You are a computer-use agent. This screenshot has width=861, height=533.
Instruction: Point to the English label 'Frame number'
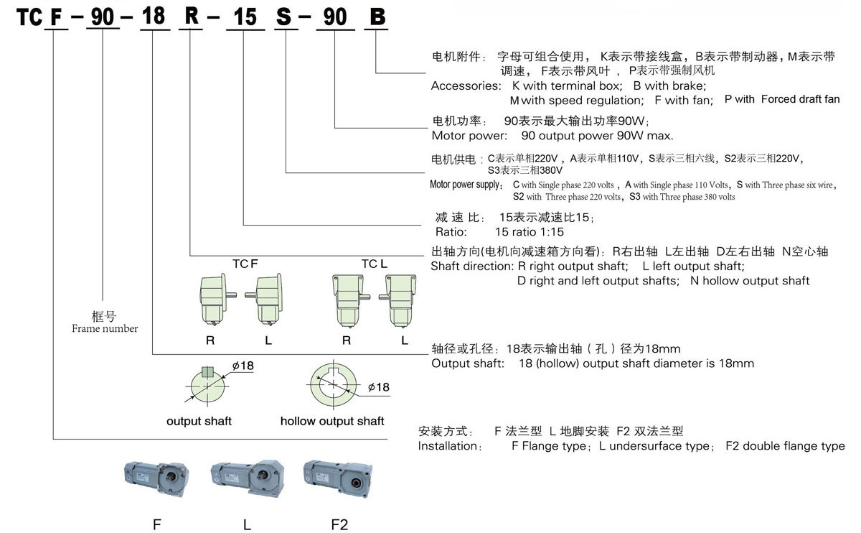(105, 328)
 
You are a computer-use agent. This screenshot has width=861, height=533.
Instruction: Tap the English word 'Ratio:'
(451, 232)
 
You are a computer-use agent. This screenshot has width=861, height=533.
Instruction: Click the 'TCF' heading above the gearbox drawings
(244, 264)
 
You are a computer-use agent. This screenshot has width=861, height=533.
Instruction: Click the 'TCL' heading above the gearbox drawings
(374, 264)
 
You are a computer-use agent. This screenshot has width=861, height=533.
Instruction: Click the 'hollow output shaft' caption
(332, 421)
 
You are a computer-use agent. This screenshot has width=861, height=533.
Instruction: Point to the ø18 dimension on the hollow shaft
(377, 387)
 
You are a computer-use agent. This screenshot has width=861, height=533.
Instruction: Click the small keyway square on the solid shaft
(207, 371)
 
